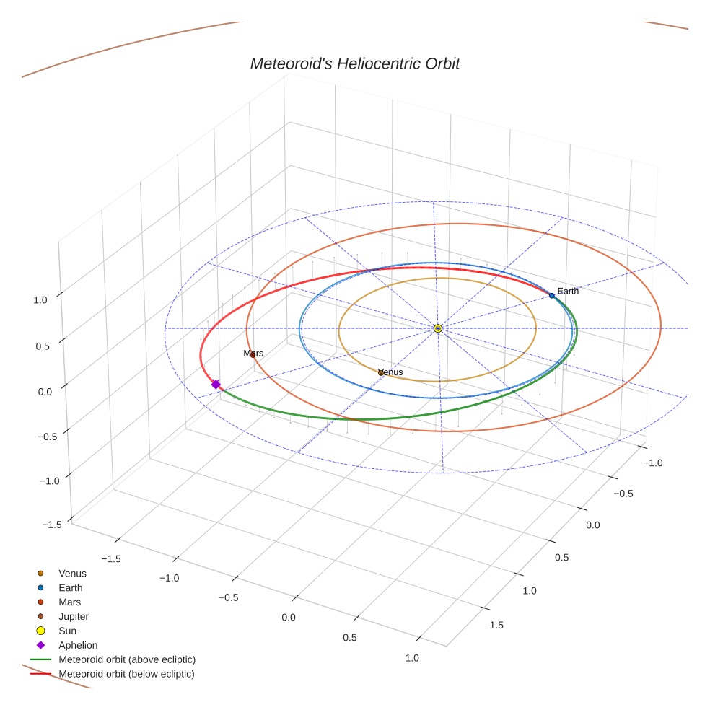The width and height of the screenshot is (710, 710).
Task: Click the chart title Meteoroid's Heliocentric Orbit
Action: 354,63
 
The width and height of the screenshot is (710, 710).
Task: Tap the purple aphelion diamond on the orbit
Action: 216,385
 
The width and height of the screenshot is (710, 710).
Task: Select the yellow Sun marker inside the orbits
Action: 438,328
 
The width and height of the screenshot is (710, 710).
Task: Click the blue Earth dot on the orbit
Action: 552,295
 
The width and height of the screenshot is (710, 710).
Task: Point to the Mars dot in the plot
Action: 253,354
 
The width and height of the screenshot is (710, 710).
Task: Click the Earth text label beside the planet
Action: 568,291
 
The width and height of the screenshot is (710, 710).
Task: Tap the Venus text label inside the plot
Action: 390,372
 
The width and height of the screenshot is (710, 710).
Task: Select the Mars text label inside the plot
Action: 253,354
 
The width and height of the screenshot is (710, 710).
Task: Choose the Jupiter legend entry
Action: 74,616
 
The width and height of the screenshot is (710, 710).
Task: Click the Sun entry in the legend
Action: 68,631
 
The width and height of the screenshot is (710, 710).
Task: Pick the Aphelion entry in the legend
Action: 78,645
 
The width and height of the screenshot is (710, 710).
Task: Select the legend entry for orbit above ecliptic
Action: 127,659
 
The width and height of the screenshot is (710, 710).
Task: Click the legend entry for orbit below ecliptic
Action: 127,674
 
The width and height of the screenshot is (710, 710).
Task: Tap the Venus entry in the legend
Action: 72,574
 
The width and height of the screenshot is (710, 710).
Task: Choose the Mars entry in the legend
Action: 70,602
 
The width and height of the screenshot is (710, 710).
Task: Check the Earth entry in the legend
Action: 71,588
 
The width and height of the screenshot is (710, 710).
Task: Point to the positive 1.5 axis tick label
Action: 496,625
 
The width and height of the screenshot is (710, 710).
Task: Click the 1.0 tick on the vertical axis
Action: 40,299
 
